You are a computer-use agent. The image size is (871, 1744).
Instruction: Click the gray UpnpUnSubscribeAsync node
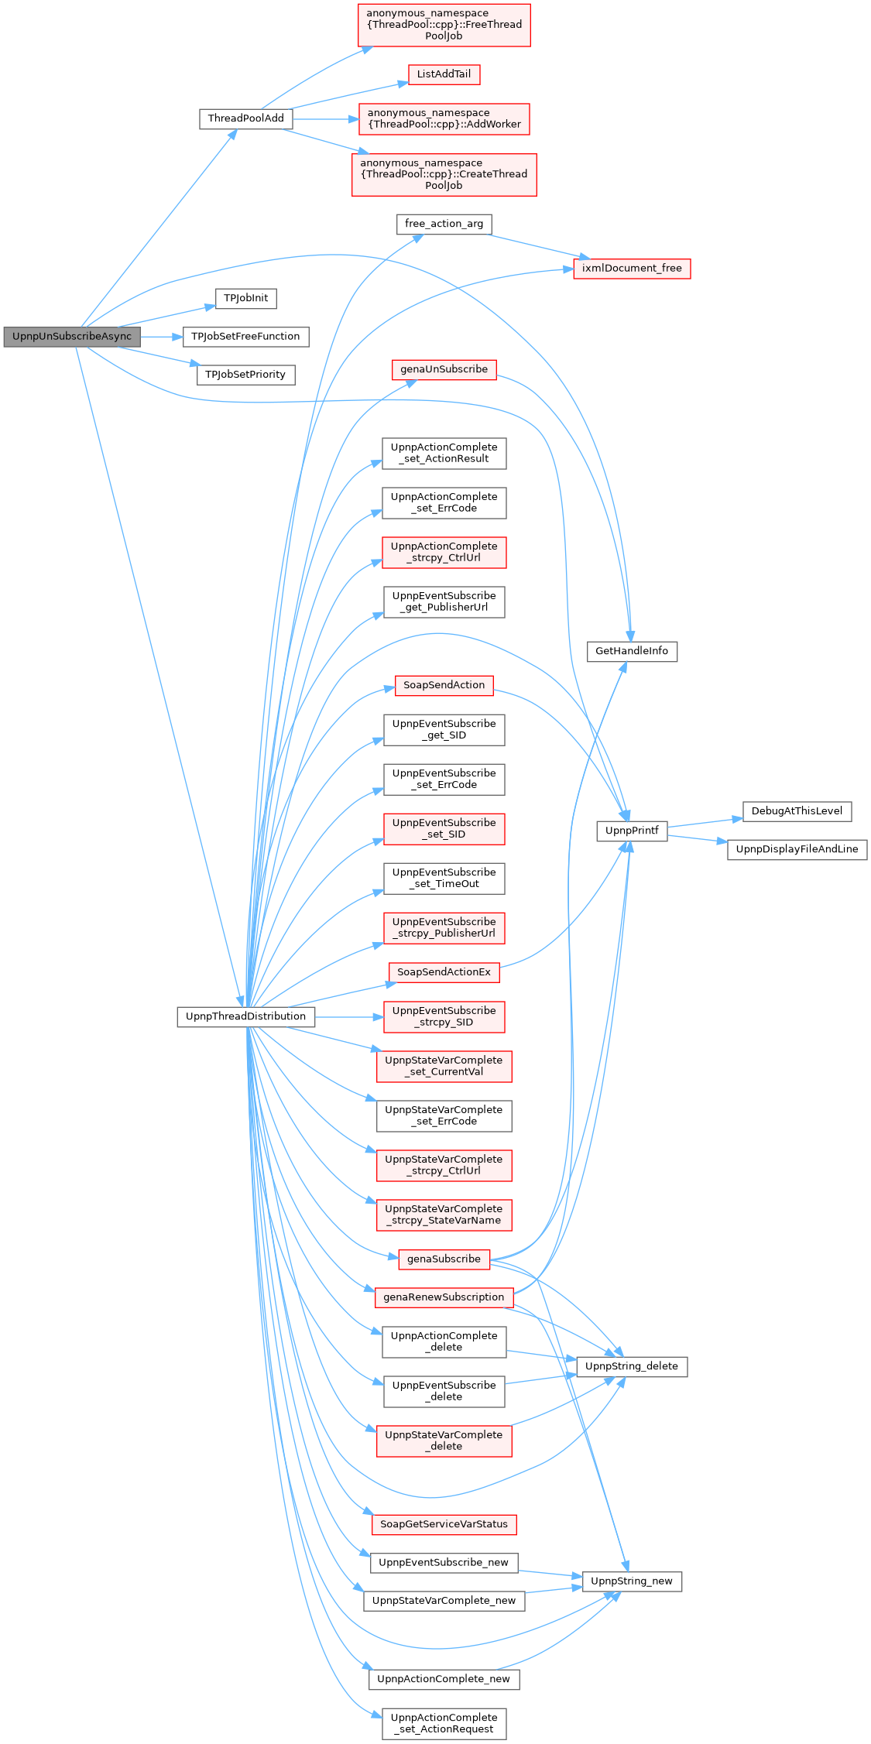point(72,337)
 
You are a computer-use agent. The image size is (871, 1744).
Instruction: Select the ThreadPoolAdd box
point(246,118)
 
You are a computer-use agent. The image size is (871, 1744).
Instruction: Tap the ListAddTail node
point(444,74)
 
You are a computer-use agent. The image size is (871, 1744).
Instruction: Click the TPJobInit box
point(246,298)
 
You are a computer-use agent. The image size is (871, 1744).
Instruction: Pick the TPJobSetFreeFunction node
point(245,337)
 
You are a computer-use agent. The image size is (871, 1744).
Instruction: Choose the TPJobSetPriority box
point(245,375)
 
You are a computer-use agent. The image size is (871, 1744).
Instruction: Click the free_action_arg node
point(444,224)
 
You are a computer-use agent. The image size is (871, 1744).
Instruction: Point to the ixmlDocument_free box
point(632,269)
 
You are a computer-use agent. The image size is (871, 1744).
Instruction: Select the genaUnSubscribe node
point(444,369)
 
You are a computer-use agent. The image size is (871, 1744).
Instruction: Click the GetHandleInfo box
point(632,651)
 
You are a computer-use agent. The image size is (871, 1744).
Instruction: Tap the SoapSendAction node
point(444,685)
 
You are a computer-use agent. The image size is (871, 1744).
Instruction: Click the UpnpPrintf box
point(632,831)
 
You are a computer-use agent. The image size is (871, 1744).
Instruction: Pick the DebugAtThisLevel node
point(797,811)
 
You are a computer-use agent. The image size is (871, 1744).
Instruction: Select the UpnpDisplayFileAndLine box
point(797,849)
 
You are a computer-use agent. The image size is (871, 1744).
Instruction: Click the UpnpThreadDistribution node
point(246,1016)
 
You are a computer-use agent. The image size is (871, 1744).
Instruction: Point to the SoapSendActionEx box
point(444,972)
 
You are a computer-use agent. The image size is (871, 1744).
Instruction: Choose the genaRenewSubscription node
point(444,1297)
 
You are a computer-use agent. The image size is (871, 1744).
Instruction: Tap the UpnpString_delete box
point(632,1366)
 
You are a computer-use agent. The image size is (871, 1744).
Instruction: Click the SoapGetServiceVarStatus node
point(444,1524)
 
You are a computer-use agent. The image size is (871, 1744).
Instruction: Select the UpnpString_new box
point(632,1581)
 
